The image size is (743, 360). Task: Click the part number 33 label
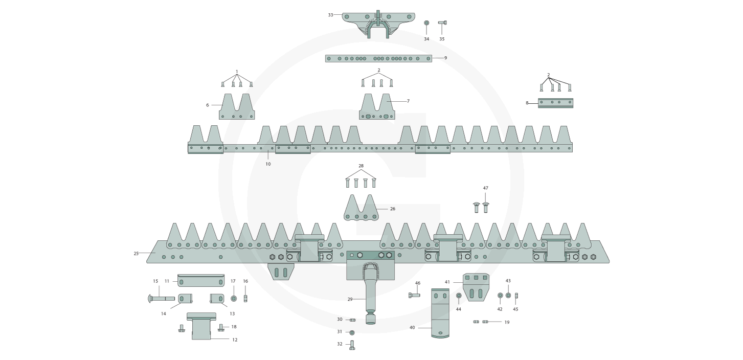coord(330,15)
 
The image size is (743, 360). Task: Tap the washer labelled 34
coord(426,22)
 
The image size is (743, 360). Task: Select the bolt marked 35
coord(442,22)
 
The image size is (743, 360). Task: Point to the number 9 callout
coord(445,58)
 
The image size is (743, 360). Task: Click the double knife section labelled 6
coord(237,106)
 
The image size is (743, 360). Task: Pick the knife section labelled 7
coord(377,106)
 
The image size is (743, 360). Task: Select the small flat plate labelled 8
coord(556,103)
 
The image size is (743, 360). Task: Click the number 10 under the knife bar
coord(268,164)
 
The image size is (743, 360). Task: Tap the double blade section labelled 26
coord(361,208)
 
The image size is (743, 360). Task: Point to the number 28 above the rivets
coord(361,166)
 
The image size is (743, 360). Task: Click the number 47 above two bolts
coord(486,188)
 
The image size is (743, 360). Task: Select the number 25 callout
coord(136,254)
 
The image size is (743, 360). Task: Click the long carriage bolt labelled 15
coord(161,299)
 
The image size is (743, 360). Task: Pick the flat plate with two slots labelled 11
coord(201,280)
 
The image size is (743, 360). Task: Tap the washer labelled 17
coord(234,298)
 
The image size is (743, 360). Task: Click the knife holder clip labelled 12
coord(201,326)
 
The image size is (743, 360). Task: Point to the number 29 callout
coord(350,299)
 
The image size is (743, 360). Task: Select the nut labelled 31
coord(352,332)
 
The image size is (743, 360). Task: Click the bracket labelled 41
coord(476,287)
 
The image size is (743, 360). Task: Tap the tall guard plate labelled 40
coord(440,313)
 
